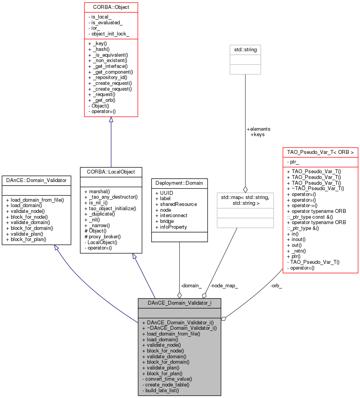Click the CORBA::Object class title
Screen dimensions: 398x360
[x=111, y=7]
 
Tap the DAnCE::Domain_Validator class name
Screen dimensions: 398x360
[x=36, y=180]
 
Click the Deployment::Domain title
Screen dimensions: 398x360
[x=179, y=183]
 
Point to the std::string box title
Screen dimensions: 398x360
[x=245, y=49]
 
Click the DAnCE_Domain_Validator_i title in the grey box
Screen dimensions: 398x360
[x=179, y=303]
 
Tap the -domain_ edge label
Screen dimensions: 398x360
[x=191, y=285]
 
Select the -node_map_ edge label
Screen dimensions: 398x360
[x=224, y=285]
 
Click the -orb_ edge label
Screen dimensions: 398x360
[x=276, y=285]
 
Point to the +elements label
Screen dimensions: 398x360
[x=258, y=129]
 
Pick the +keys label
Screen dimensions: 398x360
[x=257, y=135]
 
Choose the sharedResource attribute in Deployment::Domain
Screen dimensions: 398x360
[x=176, y=204]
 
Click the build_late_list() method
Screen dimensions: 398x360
[x=162, y=390]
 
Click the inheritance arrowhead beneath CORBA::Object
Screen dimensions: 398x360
[x=111, y=120]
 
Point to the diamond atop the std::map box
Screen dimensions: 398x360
[x=245, y=189]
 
